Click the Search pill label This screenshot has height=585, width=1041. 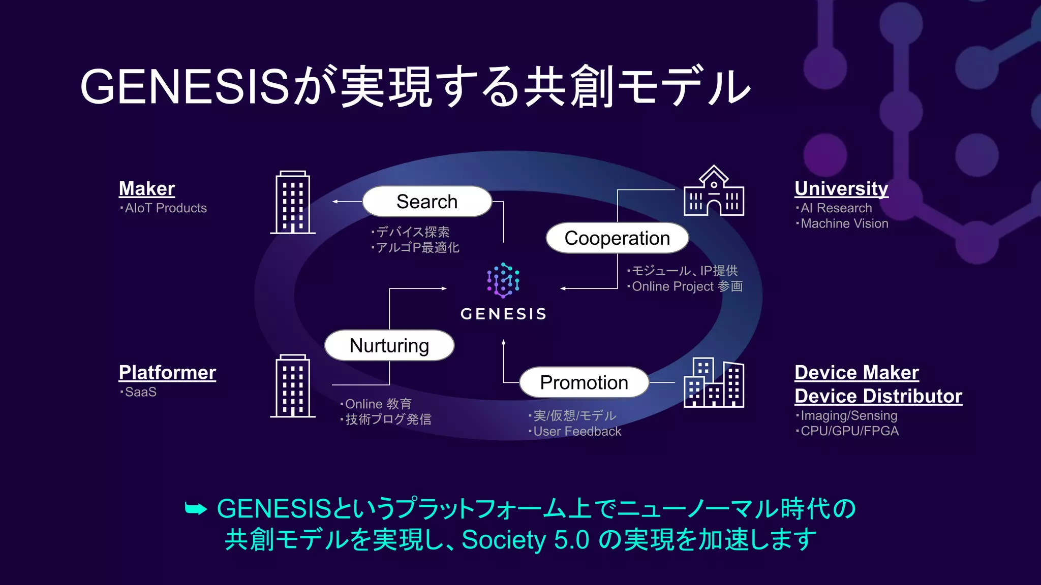click(x=427, y=202)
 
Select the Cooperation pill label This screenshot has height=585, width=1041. click(x=617, y=238)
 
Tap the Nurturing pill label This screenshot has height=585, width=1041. click(x=389, y=346)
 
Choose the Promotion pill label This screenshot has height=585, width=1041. click(x=584, y=382)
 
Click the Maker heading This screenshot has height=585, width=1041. click(x=147, y=188)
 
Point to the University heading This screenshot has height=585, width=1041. click(x=841, y=188)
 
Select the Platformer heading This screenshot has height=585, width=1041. click(x=167, y=372)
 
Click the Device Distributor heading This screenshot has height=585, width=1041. click(x=878, y=396)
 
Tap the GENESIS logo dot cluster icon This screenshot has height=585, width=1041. click(x=503, y=280)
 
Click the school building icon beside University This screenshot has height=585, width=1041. click(x=714, y=191)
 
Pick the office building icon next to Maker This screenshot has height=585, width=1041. click(x=293, y=203)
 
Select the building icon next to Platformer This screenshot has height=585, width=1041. click(x=293, y=386)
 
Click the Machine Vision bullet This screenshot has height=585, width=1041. click(x=844, y=223)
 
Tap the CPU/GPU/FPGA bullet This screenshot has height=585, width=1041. click(x=849, y=431)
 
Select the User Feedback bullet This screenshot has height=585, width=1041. click(x=577, y=432)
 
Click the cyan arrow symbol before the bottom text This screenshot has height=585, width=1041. click(x=196, y=508)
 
